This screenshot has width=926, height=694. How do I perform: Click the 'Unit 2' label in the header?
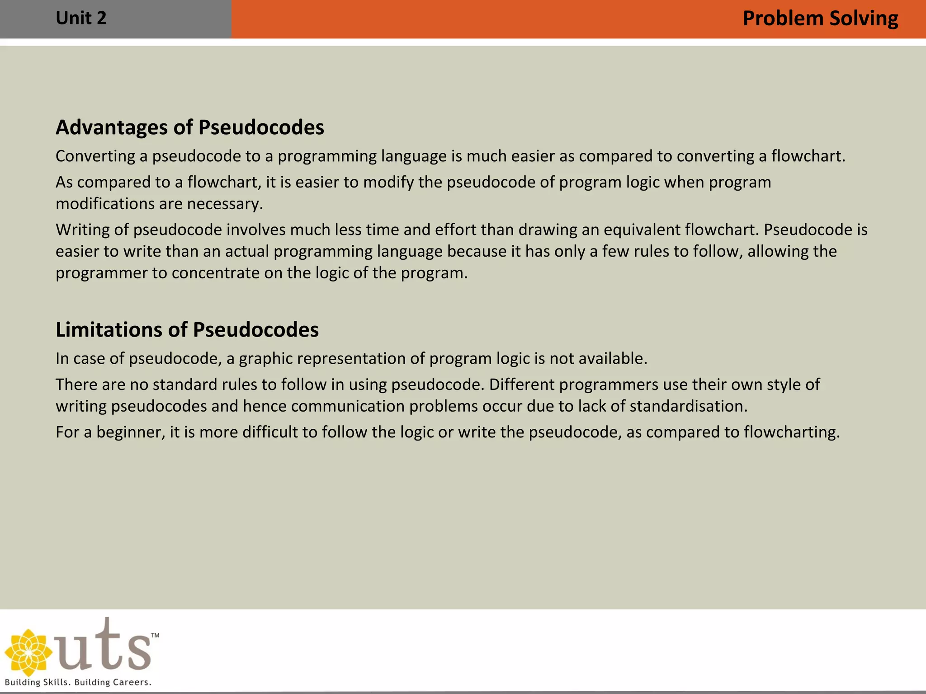pyautogui.click(x=81, y=19)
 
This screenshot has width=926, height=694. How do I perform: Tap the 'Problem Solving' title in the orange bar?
pyautogui.click(x=820, y=19)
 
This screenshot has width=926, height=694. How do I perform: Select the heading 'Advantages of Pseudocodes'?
pyautogui.click(x=190, y=127)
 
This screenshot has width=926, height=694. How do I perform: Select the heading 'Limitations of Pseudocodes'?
pyautogui.click(x=187, y=330)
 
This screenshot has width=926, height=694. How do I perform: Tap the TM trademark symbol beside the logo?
pyautogui.click(x=155, y=635)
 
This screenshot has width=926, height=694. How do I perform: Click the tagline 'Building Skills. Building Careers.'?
pyautogui.click(x=78, y=682)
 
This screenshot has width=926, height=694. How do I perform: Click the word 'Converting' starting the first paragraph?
pyautogui.click(x=95, y=156)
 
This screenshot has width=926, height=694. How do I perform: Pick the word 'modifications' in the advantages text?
pyautogui.click(x=103, y=204)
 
